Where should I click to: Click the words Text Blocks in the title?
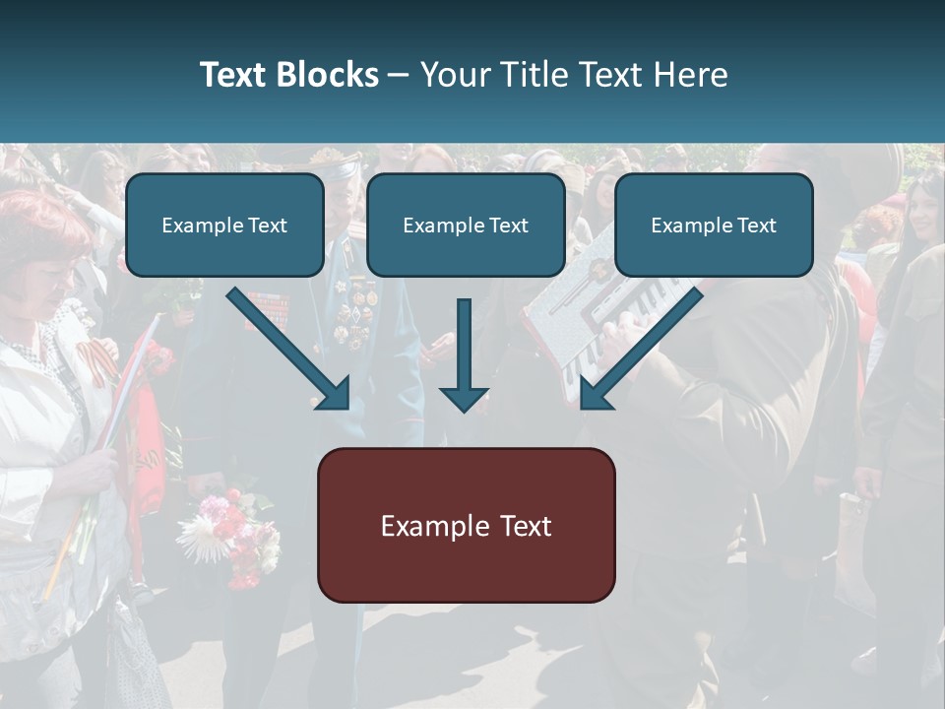[288, 75]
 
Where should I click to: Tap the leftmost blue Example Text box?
[224, 225]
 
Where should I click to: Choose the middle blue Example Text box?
[466, 225]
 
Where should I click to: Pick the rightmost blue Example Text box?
[714, 225]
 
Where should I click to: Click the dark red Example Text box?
[466, 525]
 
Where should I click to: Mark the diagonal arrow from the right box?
[640, 349]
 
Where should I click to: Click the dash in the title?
[399, 75]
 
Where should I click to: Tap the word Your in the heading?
[453, 75]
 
